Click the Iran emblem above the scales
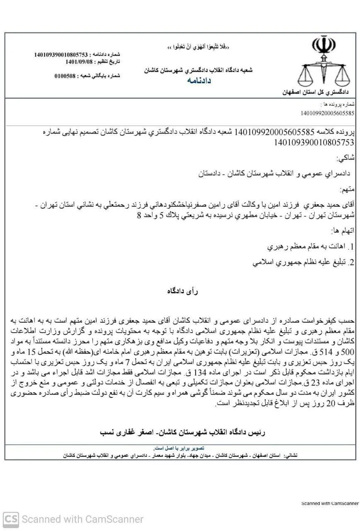[x=324, y=47]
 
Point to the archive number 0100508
[x=65, y=76]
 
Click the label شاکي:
[x=346, y=158]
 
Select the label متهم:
[x=348, y=190]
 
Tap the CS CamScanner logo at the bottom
[x=11, y=519]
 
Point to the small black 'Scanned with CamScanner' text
[x=330, y=503]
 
